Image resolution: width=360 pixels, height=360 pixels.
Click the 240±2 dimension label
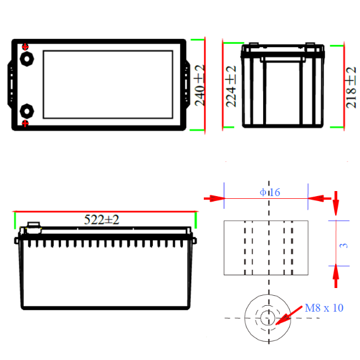(x=199, y=85)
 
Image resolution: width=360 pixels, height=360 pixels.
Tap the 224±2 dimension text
(x=231, y=86)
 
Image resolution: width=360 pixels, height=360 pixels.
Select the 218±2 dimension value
(x=351, y=88)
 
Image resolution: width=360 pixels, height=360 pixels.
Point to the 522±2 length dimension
(x=101, y=220)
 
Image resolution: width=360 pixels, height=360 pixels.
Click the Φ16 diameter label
(x=270, y=192)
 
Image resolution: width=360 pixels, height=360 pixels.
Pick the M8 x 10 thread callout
(x=324, y=308)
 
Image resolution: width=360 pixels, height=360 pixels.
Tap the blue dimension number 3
(x=343, y=245)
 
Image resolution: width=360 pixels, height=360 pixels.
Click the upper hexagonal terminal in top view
(x=27, y=59)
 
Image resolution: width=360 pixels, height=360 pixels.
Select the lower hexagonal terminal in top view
(x=27, y=111)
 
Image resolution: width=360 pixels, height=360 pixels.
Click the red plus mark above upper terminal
(x=25, y=47)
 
